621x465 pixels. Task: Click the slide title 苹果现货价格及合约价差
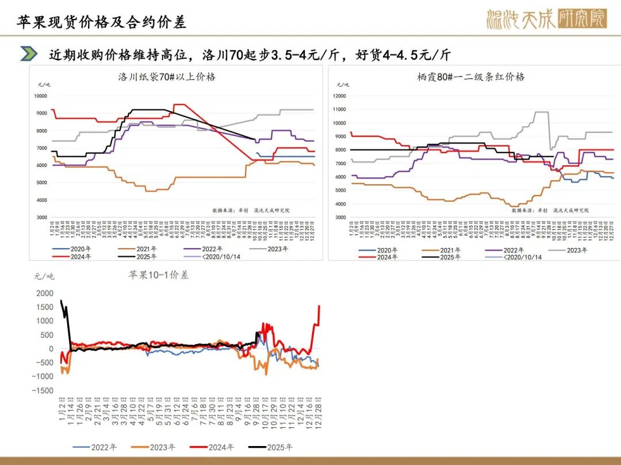101,22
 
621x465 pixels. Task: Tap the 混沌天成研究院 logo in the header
546,20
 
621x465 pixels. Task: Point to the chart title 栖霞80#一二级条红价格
471,76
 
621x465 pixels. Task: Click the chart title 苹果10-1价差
158,275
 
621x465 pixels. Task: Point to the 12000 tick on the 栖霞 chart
339,96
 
